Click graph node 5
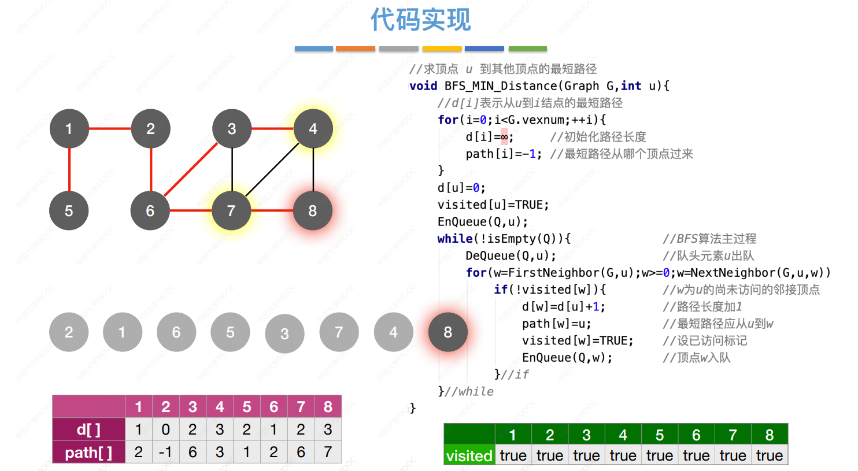(x=69, y=210)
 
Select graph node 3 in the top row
(x=232, y=129)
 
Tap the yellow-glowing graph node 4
(x=313, y=129)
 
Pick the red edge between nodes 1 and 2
(x=110, y=129)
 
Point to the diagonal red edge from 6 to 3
(x=191, y=170)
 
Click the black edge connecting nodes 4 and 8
(x=313, y=170)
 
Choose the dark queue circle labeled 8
(x=448, y=332)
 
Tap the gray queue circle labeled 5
(x=230, y=332)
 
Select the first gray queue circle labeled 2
(x=69, y=332)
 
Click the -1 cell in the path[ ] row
(x=165, y=452)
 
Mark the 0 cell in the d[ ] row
(x=165, y=429)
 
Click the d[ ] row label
(x=89, y=429)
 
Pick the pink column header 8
(x=328, y=407)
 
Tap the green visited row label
(x=469, y=455)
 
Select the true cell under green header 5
(x=660, y=455)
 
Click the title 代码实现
(x=420, y=19)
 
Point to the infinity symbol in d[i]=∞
(x=504, y=137)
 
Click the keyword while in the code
(x=455, y=239)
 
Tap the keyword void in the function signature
(x=423, y=86)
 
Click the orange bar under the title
(x=356, y=49)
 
